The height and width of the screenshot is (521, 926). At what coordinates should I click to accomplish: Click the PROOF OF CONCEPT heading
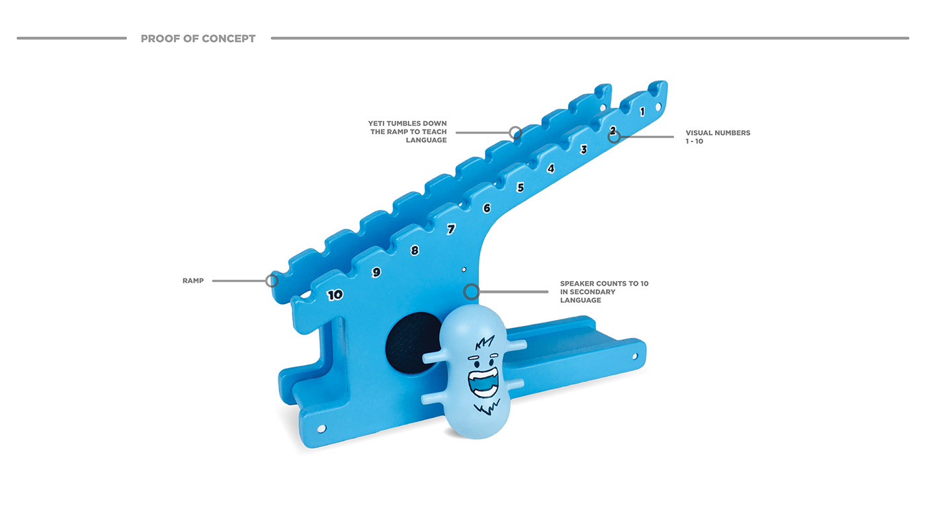pos(198,38)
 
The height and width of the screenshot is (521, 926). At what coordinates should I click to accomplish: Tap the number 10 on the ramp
pos(335,295)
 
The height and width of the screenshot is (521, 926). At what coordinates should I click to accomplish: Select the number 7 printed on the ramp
pos(451,229)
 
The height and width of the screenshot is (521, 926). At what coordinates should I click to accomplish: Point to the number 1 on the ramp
pos(642,112)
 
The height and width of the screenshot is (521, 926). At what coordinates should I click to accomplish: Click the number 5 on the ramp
pos(521,188)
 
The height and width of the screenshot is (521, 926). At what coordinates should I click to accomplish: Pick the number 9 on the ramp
pos(376,272)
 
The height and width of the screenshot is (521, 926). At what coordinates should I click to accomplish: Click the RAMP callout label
pos(193,281)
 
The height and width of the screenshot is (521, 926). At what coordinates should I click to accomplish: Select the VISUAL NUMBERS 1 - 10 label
pos(718,137)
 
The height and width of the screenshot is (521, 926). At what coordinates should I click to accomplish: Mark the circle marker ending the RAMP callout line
pos(272,280)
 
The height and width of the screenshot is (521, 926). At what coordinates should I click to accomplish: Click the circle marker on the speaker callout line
pos(471,292)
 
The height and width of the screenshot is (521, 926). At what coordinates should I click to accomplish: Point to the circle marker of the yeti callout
pos(515,132)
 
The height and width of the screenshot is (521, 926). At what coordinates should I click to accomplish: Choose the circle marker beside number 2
pos(614,137)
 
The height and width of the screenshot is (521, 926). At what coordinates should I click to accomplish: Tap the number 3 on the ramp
pos(583,149)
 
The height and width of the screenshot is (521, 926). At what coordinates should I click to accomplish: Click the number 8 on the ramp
pos(415,251)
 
